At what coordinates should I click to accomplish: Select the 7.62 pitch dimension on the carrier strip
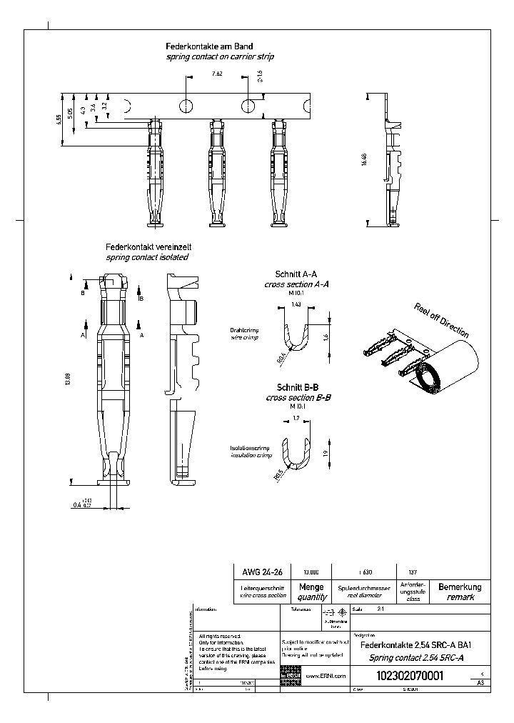click(x=217, y=74)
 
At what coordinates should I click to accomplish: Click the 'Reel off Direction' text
click(x=441, y=319)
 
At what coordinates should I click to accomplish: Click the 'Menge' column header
click(x=311, y=587)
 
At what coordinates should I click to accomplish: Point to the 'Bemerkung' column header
click(x=459, y=587)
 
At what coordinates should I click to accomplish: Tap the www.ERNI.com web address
click(x=326, y=676)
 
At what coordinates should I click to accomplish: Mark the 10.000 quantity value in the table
click(x=311, y=572)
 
